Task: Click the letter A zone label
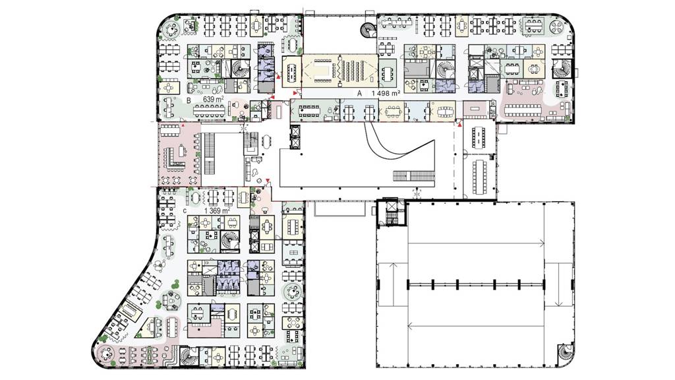click(359, 93)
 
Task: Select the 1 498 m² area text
click(386, 93)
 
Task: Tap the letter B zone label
click(189, 100)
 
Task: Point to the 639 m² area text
click(213, 100)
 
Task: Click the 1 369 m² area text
click(217, 210)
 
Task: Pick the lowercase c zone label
click(185, 211)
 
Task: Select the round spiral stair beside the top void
click(368, 30)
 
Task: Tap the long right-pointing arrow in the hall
click(476, 244)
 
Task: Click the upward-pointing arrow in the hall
click(392, 284)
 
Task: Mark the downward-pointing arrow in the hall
click(559, 284)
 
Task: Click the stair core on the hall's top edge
click(392, 212)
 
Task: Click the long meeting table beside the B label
click(209, 111)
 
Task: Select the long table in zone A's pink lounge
click(522, 110)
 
